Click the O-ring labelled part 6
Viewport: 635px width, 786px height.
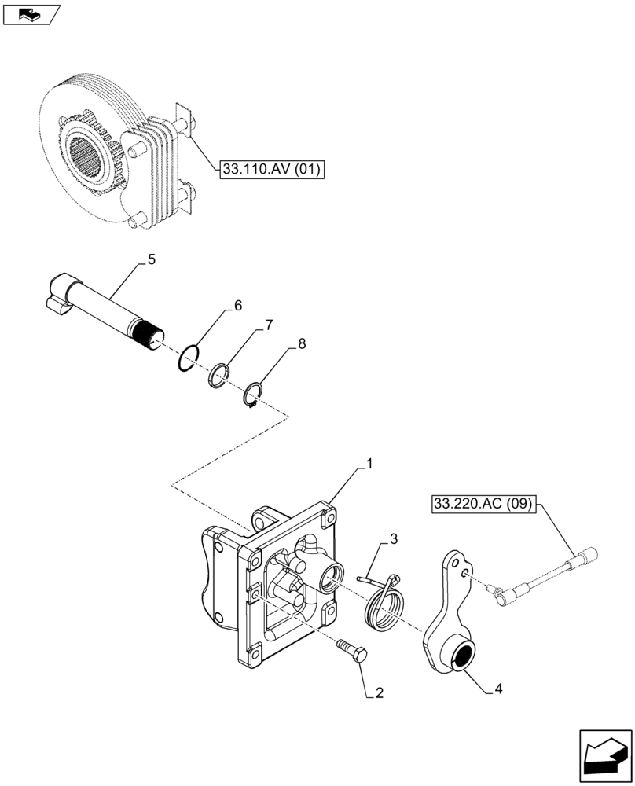(x=188, y=358)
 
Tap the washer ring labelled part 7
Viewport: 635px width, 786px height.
(x=220, y=374)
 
